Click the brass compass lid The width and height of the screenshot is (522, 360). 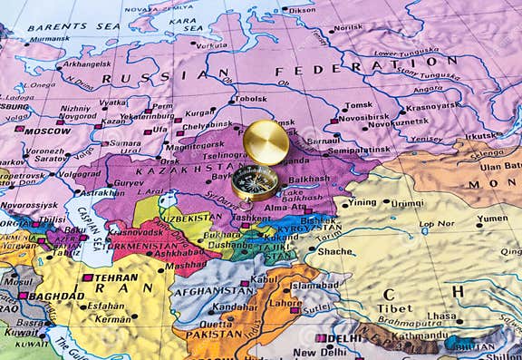(266, 142)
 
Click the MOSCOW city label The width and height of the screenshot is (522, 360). (47, 131)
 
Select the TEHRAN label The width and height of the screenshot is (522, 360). (115, 277)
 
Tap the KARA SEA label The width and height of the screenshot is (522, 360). (182, 21)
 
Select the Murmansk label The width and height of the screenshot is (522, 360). (50, 39)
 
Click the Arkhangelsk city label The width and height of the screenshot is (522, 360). (87, 64)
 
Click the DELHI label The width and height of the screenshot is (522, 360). (344, 339)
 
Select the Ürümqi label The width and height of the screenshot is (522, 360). (407, 204)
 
